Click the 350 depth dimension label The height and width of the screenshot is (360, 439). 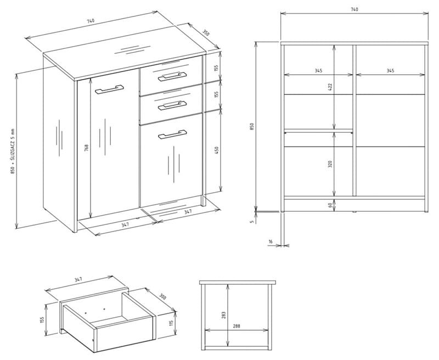(x=205, y=33)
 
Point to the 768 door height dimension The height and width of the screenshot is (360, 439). (x=86, y=148)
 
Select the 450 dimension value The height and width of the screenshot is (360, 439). (x=216, y=150)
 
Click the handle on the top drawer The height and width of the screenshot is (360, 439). (x=172, y=76)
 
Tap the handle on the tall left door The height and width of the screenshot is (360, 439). (x=109, y=89)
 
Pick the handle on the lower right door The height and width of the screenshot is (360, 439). (x=172, y=134)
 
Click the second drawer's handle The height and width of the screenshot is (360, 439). (x=172, y=105)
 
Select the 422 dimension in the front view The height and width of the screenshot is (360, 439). (x=330, y=87)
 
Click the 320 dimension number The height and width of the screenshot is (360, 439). (x=330, y=164)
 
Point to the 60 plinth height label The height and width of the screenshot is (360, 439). (x=330, y=205)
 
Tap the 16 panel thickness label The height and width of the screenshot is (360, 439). (x=270, y=241)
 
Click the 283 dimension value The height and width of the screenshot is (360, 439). (x=223, y=315)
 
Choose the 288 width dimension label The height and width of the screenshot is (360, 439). (x=237, y=326)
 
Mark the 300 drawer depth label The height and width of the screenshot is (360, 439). (x=162, y=296)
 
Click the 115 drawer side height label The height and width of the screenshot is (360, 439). (x=171, y=323)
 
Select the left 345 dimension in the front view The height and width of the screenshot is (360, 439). (x=318, y=71)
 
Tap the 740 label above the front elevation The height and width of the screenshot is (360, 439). (x=354, y=9)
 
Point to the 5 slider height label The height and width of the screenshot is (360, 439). (x=252, y=221)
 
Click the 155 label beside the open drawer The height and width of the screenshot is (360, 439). (x=42, y=320)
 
